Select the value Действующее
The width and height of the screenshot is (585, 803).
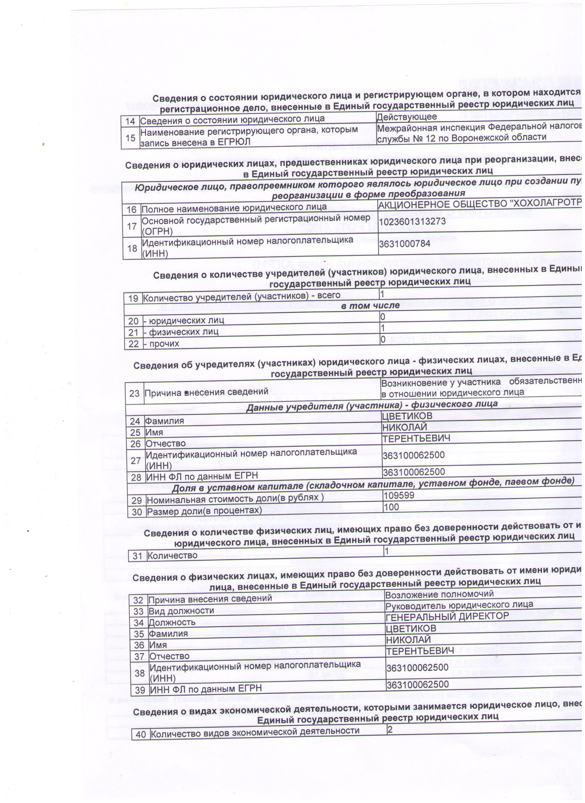point(407,117)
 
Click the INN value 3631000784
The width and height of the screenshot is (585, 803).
point(404,244)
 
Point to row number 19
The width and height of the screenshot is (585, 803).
point(133,298)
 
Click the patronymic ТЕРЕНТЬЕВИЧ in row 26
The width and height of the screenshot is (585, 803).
point(416,439)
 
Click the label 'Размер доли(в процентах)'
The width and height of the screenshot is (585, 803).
point(204,511)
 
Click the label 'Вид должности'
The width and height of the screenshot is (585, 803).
point(181,611)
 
